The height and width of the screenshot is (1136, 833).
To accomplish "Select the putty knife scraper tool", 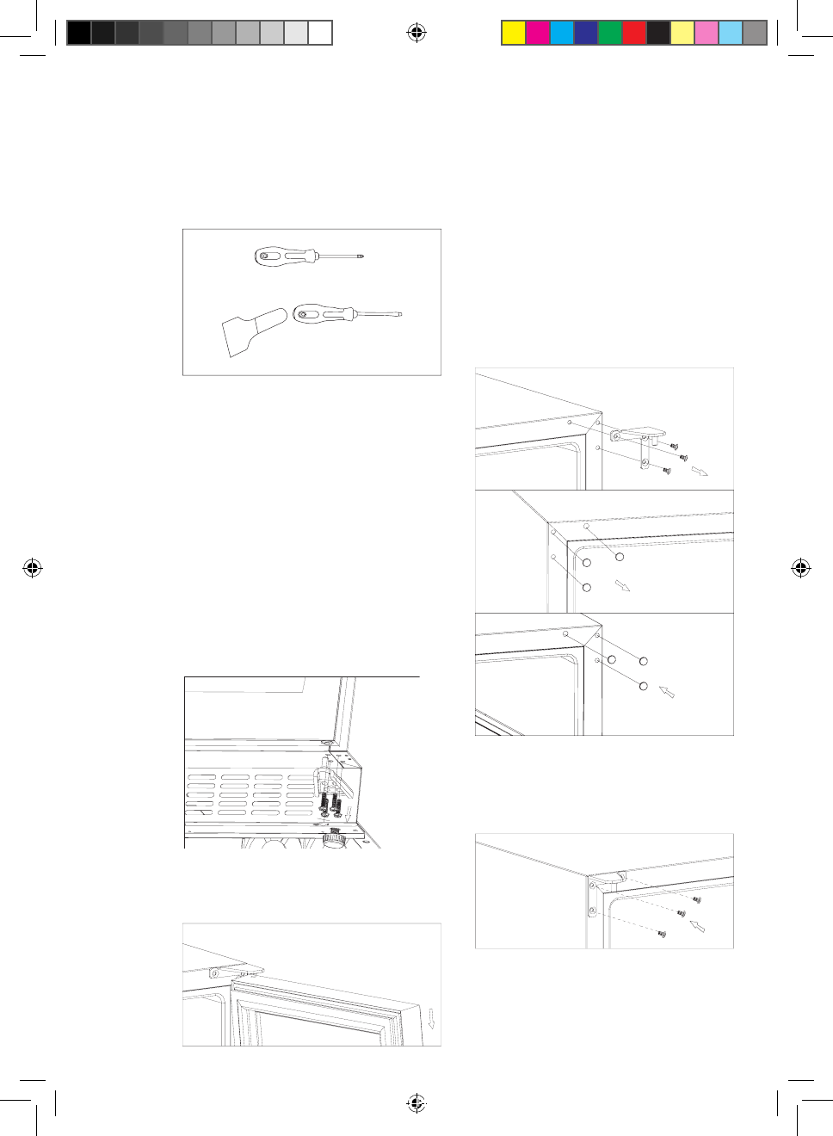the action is click(253, 331).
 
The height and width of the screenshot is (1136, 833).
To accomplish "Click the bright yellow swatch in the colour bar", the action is click(514, 33).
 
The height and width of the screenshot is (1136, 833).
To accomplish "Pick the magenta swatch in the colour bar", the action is click(538, 33).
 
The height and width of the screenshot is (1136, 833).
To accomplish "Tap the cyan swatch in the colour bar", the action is click(562, 33).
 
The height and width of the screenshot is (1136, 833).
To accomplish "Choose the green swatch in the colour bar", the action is click(610, 33).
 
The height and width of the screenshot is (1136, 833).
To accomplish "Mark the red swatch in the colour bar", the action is click(634, 33).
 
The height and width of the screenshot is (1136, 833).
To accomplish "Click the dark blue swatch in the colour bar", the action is click(586, 33).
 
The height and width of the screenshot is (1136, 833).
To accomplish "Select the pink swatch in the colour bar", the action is click(707, 33).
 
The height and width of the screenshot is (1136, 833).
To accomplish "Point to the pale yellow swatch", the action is click(682, 33).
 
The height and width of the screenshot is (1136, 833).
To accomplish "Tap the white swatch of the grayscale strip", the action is click(320, 33).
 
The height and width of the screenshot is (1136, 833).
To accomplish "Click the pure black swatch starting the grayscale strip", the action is click(78, 33).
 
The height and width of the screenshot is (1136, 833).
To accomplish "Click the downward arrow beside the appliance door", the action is click(431, 1019).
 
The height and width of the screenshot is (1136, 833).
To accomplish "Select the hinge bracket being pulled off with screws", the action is click(638, 438).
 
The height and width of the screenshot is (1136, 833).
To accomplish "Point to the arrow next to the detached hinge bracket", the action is click(699, 471).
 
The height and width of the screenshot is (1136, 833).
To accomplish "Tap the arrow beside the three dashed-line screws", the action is click(698, 926).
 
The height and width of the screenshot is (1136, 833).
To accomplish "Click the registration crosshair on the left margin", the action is click(33, 568).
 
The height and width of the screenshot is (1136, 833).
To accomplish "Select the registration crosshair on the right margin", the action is click(800, 568).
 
